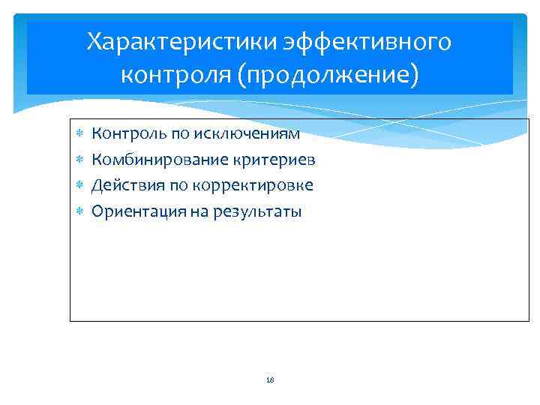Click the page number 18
coord(270,380)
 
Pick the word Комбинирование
coord(158,160)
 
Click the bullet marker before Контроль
coord(79,134)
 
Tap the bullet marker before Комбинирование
coord(79,160)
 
